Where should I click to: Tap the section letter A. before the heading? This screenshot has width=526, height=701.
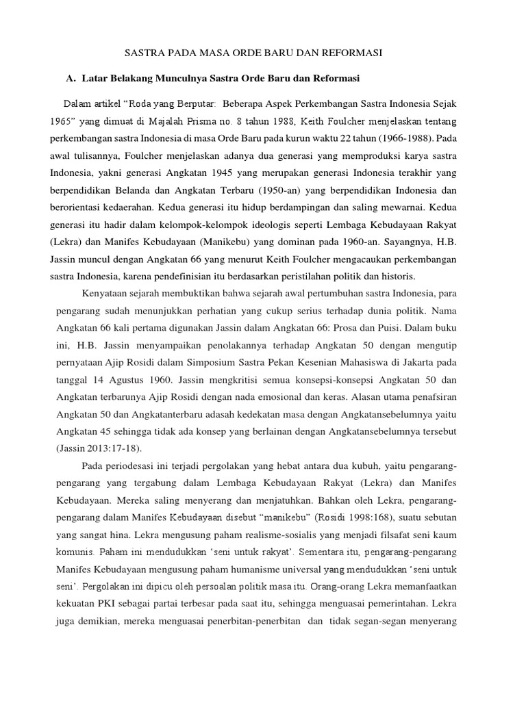coord(71,79)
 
